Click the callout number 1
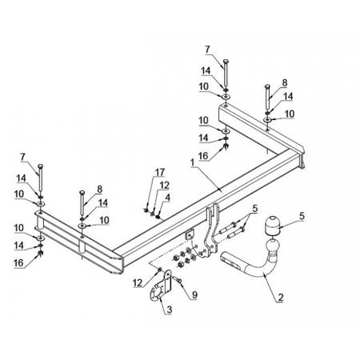point(192,162)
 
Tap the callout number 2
point(281,297)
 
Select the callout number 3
point(169,310)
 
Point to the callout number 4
point(167,198)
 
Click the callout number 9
point(194,294)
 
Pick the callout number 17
point(160,172)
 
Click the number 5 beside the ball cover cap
point(302,216)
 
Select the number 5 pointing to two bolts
point(255,209)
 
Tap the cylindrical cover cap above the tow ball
point(271,226)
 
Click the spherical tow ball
point(272,246)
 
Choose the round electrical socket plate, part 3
point(156,294)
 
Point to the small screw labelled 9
point(177,279)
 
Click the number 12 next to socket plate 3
point(138,283)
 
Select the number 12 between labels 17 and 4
point(165,185)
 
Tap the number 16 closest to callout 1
point(203,156)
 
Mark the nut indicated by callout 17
point(146,210)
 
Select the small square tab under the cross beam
point(190,234)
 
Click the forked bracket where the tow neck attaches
point(211,230)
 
